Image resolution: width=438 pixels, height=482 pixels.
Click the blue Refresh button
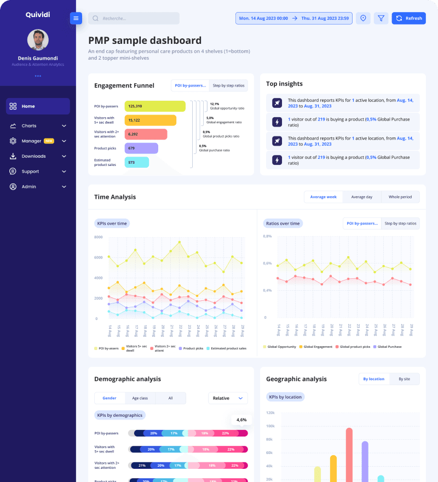pos(408,18)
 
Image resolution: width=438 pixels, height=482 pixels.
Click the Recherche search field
pos(134,18)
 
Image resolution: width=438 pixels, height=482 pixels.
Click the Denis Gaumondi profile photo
pos(38,39)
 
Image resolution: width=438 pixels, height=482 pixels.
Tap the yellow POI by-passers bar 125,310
pos(155,106)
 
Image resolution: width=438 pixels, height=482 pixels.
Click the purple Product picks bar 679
pos(141,148)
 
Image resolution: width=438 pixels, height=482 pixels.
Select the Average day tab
pos(361,197)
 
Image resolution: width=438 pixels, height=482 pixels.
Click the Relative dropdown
pos(228,398)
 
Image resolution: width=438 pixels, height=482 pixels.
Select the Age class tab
pos(140,398)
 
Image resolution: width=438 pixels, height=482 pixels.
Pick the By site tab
pos(404,378)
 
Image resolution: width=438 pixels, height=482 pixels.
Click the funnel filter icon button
pos(381,18)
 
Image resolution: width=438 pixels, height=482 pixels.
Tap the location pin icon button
pos(363,18)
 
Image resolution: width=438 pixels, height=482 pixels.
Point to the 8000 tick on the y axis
pos(99,237)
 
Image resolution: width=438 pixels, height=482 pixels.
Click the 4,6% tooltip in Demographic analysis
pos(241,420)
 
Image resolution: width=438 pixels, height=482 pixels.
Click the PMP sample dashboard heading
pos(145,41)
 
